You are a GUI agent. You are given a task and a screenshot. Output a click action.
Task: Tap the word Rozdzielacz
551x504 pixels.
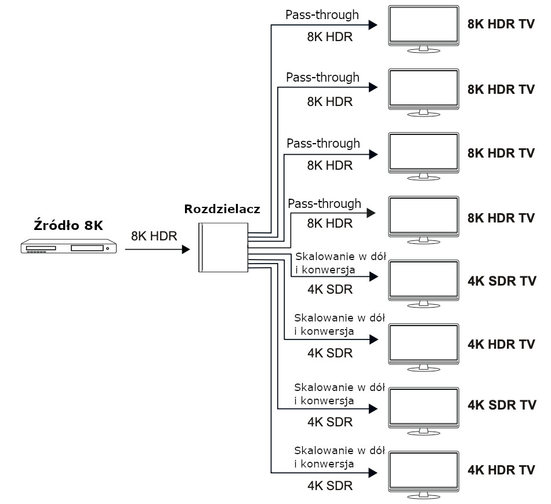(222, 209)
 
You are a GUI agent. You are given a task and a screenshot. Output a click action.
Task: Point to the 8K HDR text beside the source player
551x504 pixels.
(154, 236)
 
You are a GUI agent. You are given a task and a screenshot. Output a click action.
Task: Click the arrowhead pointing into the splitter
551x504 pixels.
(186, 250)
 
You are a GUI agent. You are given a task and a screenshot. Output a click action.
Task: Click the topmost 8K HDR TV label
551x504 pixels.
(501, 25)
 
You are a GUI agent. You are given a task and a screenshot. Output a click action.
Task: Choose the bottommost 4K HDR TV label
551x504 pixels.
(501, 470)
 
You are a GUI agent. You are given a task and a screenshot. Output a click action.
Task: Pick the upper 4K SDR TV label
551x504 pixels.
(502, 281)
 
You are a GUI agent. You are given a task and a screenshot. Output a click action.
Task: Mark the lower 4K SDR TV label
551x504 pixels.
(502, 404)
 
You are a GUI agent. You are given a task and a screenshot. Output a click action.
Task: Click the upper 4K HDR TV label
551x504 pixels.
(501, 344)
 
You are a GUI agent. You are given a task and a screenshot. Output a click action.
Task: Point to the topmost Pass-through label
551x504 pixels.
(322, 14)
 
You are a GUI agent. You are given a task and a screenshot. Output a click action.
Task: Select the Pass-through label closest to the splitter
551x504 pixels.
(324, 204)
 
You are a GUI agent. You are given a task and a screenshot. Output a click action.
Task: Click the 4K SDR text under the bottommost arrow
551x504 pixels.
(329, 485)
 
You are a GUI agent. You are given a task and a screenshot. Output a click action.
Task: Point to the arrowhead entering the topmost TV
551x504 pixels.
(374, 25)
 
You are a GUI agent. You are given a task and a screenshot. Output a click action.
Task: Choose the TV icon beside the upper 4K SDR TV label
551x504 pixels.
(424, 282)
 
